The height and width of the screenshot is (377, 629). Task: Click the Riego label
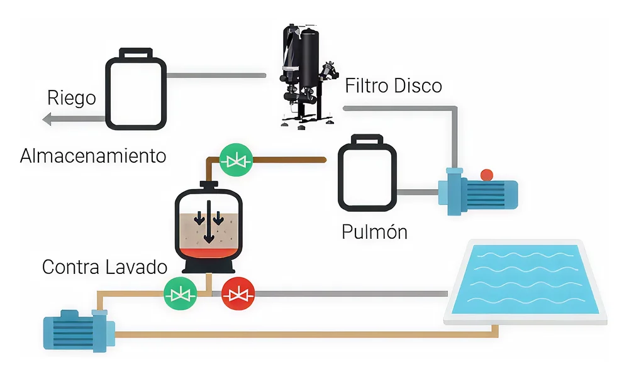click(72, 98)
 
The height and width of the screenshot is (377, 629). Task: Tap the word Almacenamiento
click(93, 155)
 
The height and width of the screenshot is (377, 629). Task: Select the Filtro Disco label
click(394, 86)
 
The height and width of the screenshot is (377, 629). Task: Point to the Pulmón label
click(374, 232)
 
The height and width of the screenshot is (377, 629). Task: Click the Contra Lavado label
click(104, 267)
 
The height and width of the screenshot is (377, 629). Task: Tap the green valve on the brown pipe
click(237, 161)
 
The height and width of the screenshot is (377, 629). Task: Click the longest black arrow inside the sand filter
click(209, 229)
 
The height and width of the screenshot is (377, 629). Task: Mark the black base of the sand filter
click(209, 268)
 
